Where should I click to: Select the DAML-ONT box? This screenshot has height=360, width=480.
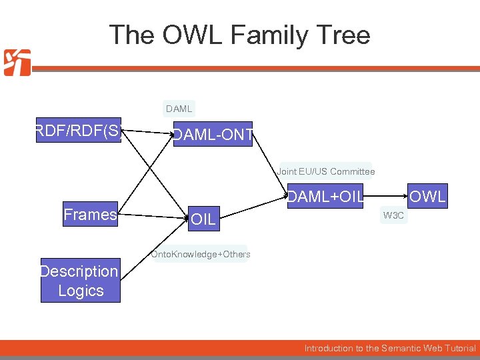coord(213,135)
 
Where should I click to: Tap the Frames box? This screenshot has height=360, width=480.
coord(90,215)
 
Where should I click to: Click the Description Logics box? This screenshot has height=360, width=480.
coord(81,281)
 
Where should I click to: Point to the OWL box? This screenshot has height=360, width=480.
coord(427,197)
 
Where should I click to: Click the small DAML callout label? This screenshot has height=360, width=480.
coord(179,109)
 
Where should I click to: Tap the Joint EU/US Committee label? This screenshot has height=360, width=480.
coord(326,171)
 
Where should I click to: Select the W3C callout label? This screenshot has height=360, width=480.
coord(393,216)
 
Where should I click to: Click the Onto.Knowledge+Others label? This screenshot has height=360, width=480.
coord(201,254)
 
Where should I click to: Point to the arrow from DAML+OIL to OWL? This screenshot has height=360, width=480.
coord(387,197)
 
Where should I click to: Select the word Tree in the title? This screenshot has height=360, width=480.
coord(341,35)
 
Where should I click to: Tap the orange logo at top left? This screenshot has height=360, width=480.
coord(17,63)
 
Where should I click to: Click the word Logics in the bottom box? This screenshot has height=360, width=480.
coord(81,291)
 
